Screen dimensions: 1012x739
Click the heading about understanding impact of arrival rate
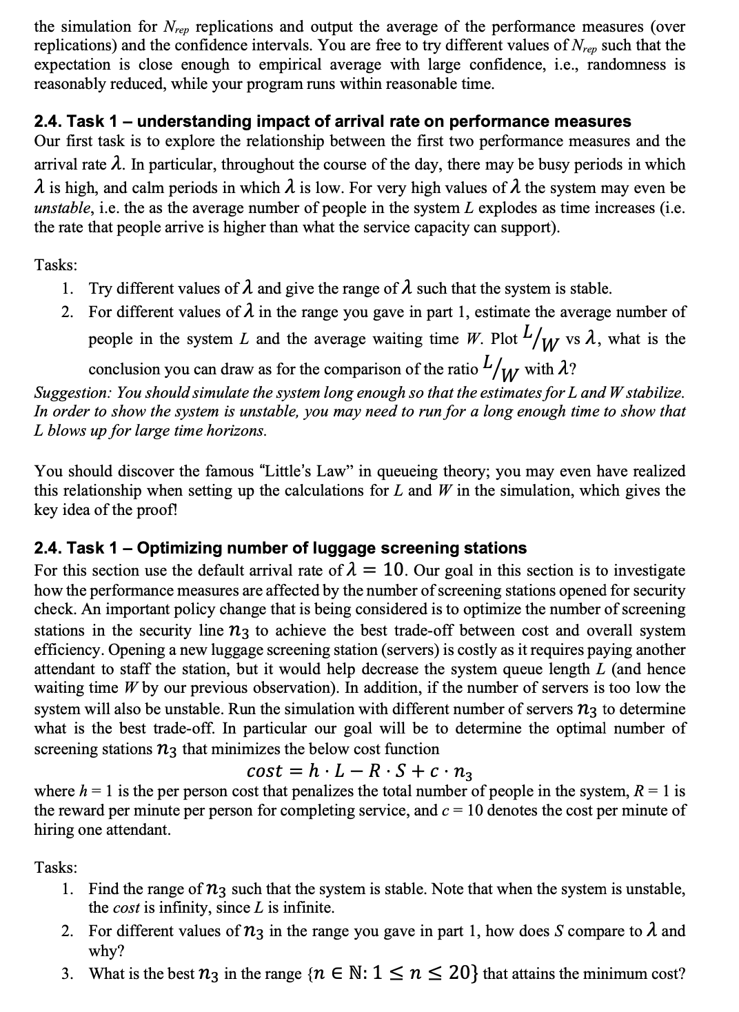332,121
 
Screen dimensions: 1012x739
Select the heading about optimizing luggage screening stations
281,548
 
